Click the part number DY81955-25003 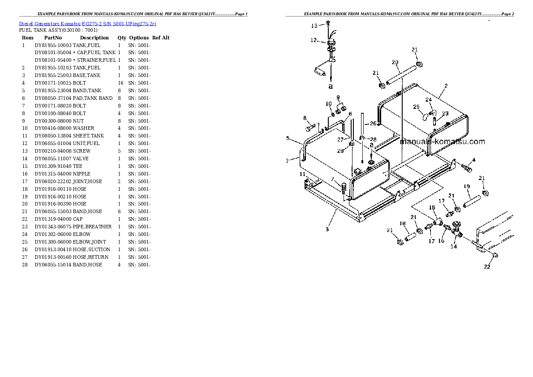pos(53,76)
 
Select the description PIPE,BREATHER pos(92,227)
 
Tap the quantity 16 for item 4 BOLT pos(120,83)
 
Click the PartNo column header pos(53,38)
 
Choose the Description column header pos(94,38)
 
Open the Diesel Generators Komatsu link pos(50,24)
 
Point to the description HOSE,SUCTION pos(91,249)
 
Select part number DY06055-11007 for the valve pos(53,159)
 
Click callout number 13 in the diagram pos(314,26)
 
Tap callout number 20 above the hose pos(395,62)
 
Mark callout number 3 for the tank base pos(327,229)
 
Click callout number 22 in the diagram pos(487,266)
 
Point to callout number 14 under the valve pos(454,246)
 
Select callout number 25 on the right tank pos(417,107)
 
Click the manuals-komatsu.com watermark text pos(443,141)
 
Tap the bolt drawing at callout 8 pos(310,129)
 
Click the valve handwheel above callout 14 pos(456,225)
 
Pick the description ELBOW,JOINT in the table pos(90,242)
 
